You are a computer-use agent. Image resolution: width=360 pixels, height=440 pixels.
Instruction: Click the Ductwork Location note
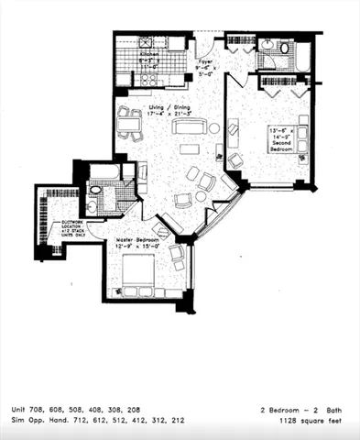69,225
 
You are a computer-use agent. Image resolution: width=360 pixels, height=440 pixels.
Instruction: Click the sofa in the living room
187,127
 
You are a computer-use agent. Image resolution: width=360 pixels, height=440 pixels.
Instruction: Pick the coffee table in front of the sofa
189,148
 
